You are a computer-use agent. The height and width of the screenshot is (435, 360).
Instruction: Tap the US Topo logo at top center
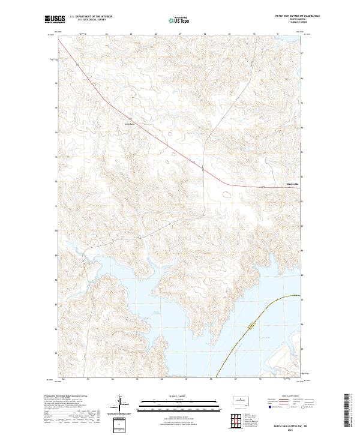click(x=173, y=20)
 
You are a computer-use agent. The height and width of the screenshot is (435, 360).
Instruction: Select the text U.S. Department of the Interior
click(x=91, y=16)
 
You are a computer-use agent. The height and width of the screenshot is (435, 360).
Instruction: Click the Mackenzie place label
click(x=291, y=184)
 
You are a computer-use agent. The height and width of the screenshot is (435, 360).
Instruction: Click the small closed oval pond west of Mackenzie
click(x=227, y=194)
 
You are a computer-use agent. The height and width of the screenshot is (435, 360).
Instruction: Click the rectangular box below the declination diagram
click(x=122, y=424)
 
